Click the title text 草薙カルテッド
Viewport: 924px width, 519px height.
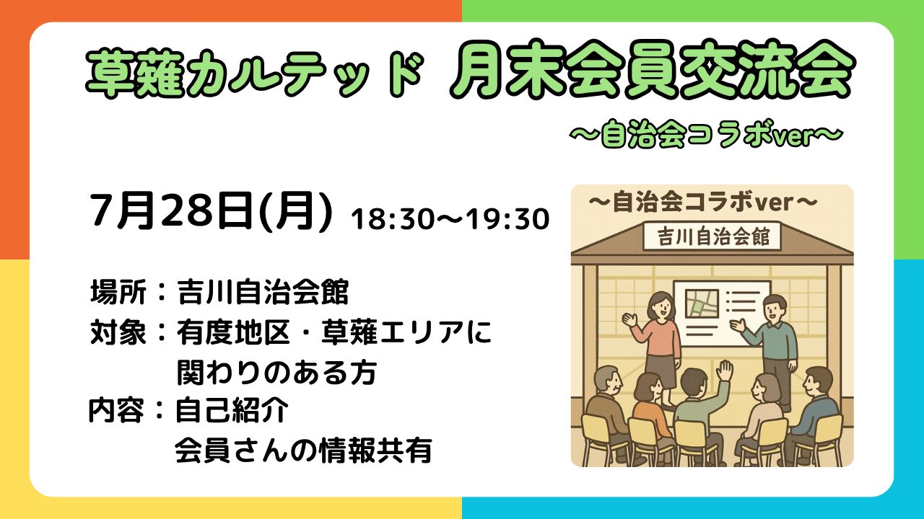(x=255, y=74)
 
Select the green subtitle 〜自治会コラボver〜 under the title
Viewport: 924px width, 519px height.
(x=706, y=136)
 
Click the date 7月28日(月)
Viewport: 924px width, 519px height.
(x=212, y=211)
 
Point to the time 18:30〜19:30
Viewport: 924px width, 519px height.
(x=450, y=218)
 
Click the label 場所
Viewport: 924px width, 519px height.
(x=118, y=292)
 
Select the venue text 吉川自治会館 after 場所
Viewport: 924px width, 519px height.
(x=263, y=292)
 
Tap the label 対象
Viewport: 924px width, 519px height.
(x=118, y=332)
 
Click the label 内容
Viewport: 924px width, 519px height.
(x=117, y=410)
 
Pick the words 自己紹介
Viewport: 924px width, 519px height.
(x=232, y=410)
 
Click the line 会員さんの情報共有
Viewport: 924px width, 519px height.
(x=304, y=451)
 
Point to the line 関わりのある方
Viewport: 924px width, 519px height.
(x=276, y=373)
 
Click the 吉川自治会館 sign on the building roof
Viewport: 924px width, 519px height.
(x=712, y=237)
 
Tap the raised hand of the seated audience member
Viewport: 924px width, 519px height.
(x=724, y=371)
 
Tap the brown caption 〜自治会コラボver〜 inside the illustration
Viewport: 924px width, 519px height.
(x=702, y=203)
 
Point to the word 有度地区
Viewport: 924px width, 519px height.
(x=233, y=332)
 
